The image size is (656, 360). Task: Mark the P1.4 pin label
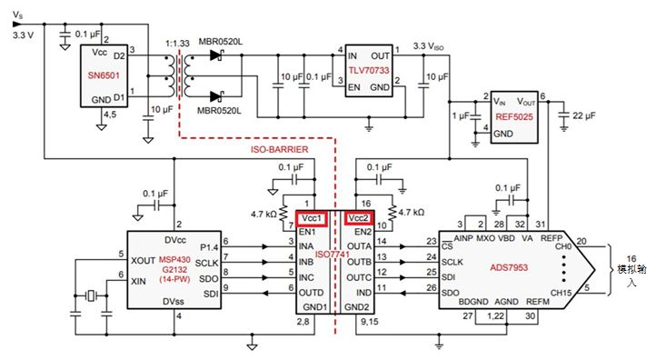coord(208,245)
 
